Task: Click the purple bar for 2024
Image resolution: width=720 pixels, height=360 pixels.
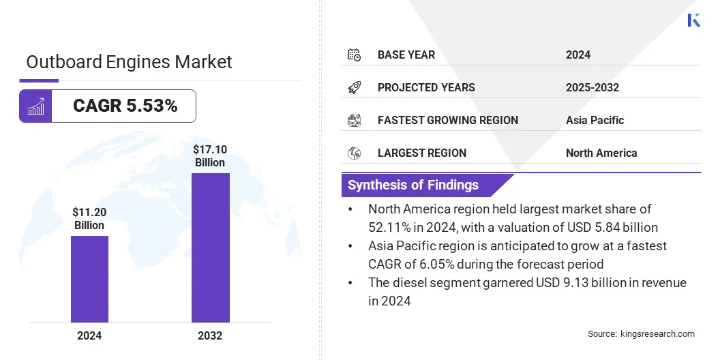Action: click(x=89, y=279)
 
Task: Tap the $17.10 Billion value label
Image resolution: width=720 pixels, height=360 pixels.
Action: click(x=209, y=155)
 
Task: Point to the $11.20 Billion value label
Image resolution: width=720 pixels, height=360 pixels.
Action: click(x=89, y=218)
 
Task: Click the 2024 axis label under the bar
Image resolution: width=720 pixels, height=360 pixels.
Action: click(x=89, y=335)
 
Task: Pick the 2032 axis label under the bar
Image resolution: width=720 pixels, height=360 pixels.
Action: click(x=210, y=335)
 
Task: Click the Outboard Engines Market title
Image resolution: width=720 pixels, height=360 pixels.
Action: click(x=129, y=62)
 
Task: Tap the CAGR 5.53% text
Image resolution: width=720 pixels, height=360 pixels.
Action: click(x=125, y=106)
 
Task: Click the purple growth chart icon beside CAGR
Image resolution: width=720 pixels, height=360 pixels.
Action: click(x=35, y=106)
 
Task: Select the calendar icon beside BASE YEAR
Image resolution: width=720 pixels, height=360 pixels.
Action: click(x=354, y=55)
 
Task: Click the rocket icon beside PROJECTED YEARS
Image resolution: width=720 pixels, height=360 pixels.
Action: click(x=354, y=87)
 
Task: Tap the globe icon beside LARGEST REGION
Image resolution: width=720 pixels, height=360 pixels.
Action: click(x=354, y=153)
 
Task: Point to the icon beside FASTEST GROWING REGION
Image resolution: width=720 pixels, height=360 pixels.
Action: click(x=354, y=120)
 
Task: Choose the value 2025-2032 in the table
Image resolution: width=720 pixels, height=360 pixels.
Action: click(x=592, y=87)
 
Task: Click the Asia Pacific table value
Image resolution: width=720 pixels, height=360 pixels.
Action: click(x=595, y=120)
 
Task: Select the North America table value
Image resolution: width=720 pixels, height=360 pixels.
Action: click(x=601, y=153)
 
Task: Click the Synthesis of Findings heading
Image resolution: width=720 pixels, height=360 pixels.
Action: click(x=413, y=185)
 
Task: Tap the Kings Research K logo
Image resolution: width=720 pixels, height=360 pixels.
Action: click(x=694, y=20)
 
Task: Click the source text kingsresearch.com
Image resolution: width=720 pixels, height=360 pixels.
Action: click(x=657, y=333)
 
